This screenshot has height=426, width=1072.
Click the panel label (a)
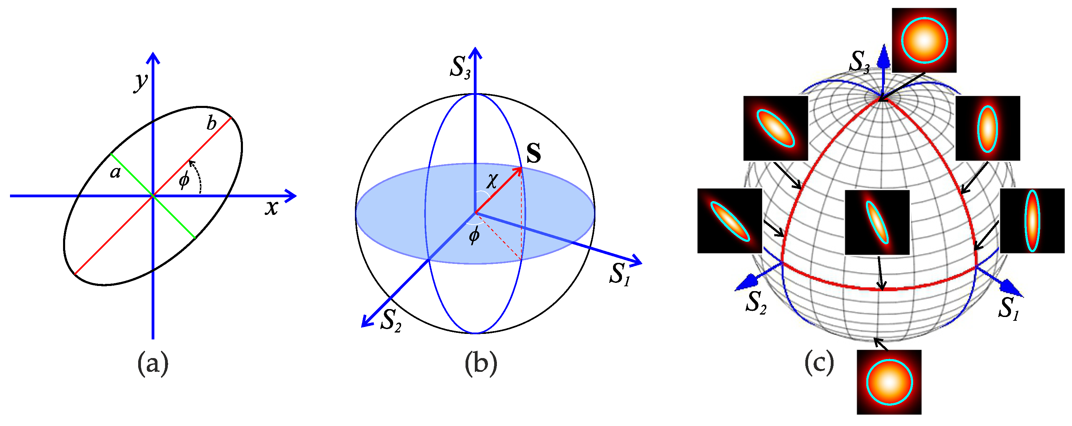tap(153, 364)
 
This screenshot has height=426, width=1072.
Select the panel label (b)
tap(481, 364)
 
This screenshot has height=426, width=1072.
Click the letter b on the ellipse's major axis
tap(212, 124)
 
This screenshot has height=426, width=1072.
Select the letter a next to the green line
tap(115, 171)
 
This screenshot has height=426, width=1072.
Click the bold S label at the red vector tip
tap(533, 153)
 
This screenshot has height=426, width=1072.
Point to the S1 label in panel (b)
tap(620, 275)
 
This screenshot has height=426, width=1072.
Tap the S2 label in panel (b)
tap(391, 321)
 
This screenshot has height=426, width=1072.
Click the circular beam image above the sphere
tap(924, 40)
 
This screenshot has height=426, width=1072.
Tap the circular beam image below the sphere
tap(889, 382)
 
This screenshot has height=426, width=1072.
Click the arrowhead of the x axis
tap(291, 196)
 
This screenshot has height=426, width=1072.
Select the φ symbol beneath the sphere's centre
tap(474, 236)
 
